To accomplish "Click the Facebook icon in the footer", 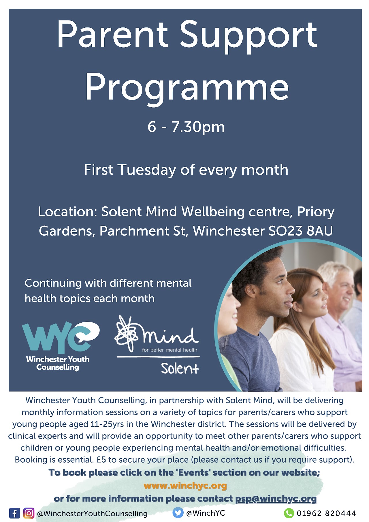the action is pos(14,513).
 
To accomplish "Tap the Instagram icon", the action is pos(29,513).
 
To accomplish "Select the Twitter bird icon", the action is pos(178,513).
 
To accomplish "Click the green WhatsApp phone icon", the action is pos(289,513).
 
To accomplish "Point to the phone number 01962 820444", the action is pos(326,513).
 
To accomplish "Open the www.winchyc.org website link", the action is pos(185,486).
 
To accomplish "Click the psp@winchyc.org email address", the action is pos(276,499).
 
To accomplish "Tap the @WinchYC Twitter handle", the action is pos(206,513).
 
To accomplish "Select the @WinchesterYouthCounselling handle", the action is pos(92,514).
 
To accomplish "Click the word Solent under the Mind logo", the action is pos(180,368).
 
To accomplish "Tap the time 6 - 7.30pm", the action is pos(186,127).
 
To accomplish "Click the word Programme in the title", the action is pos(187,87).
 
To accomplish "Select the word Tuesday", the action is pos(147,170).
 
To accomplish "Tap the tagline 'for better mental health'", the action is pos(170,350).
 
